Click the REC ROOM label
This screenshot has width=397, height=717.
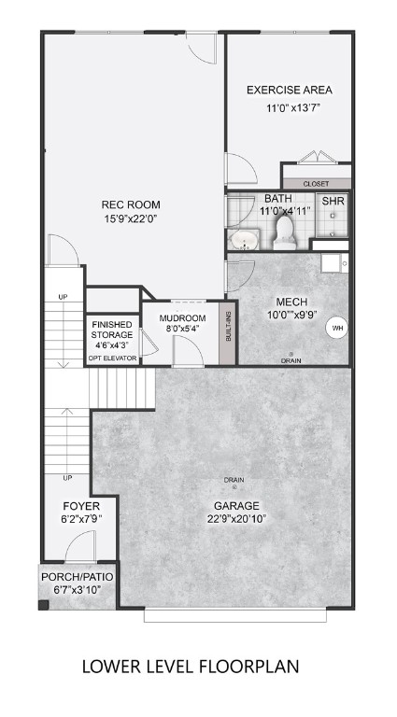coord(131,204)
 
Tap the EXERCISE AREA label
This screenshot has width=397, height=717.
coord(289,91)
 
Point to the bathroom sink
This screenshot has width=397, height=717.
coord(245,242)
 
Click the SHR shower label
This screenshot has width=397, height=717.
coord(333,201)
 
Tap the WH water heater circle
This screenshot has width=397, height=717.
coord(335,328)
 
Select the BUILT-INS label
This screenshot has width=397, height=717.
coord(224,322)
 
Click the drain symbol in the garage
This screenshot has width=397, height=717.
coord(234,487)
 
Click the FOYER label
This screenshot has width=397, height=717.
coord(76,505)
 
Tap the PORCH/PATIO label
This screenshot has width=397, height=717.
coord(77,578)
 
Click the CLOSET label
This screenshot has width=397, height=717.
coord(316,183)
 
